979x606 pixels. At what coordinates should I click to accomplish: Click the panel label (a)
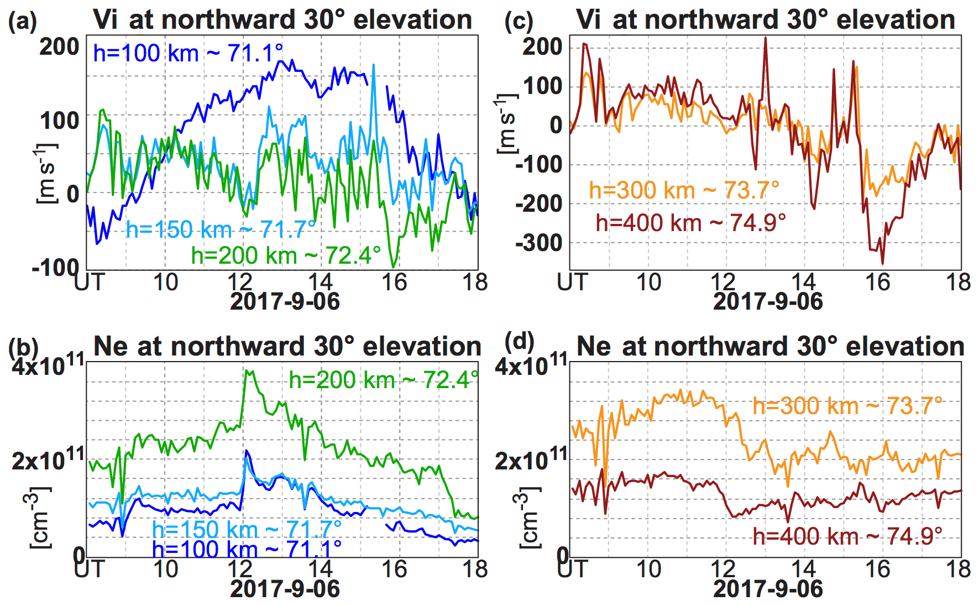[23, 22]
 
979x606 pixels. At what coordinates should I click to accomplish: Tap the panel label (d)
[520, 342]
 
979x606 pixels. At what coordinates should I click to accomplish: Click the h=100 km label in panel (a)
[188, 54]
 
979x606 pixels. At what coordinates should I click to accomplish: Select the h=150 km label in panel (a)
[221, 229]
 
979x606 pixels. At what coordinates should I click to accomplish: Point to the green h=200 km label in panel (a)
[286, 255]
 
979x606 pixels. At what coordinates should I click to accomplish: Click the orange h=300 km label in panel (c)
[684, 190]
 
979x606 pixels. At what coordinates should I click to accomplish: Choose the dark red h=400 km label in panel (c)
[690, 223]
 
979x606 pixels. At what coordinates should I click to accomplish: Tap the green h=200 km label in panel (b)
[384, 380]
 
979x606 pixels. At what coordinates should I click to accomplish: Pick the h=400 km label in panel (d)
[847, 536]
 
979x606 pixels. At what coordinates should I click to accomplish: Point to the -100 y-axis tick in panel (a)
[56, 268]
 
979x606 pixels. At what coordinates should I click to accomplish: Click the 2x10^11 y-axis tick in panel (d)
[531, 459]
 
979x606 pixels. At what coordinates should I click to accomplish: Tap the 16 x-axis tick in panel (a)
[394, 283]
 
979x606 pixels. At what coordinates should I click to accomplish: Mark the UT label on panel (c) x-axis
[572, 283]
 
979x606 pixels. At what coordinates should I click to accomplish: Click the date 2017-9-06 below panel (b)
[285, 589]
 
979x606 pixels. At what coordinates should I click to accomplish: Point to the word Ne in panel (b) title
[111, 347]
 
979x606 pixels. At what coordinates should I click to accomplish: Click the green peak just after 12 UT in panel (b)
[247, 371]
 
